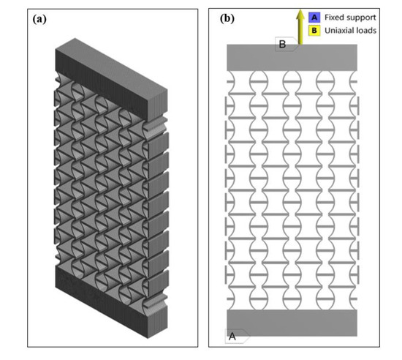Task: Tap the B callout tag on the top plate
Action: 283,45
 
